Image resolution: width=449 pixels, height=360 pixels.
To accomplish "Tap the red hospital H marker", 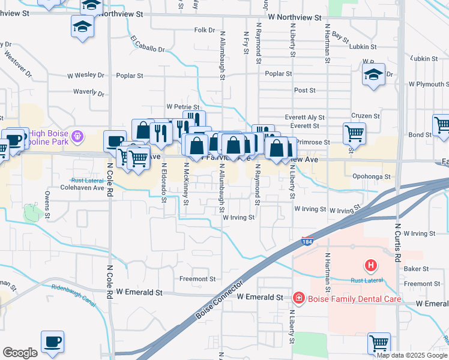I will click(371, 265).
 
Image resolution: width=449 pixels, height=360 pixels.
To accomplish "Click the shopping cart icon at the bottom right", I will click(379, 343).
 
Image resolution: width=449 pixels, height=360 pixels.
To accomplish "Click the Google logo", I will click(20, 353).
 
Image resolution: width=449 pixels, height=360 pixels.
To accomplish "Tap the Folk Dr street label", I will click(204, 29).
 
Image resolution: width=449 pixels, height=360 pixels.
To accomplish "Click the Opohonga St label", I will click(372, 177).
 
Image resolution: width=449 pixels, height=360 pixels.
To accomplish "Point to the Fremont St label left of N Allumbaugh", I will click(197, 279).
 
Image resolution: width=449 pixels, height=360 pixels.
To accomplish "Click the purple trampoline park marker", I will click(78, 137).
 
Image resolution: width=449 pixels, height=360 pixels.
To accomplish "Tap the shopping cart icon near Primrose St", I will click(354, 133).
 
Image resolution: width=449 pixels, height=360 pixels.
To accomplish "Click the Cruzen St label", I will click(366, 116).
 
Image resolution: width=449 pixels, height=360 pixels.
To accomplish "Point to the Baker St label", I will click(417, 269).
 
